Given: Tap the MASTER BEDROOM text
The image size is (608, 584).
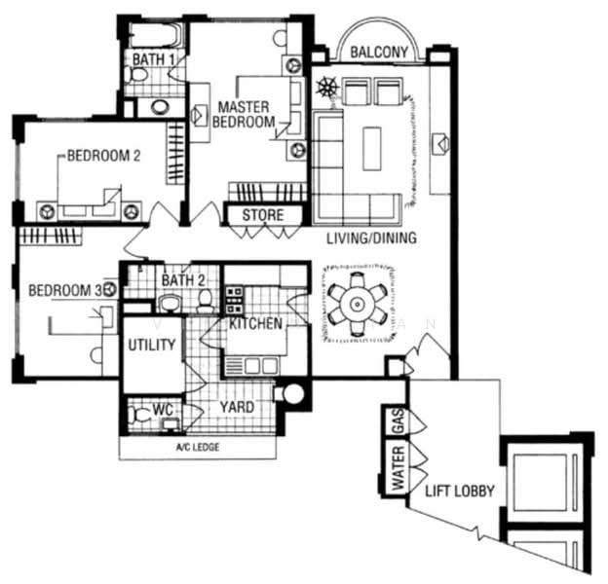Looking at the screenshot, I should (246, 115).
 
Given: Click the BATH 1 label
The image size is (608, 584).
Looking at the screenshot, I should (154, 59).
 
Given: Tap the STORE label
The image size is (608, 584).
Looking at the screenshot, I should (262, 215).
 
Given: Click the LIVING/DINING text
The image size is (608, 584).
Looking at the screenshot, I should (371, 238).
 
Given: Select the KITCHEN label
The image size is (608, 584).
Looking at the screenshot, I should (255, 323).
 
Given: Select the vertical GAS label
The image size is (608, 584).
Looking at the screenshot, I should (397, 421).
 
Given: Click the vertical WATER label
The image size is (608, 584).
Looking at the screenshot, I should (397, 471).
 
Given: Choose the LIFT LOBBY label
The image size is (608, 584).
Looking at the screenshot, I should (459, 492).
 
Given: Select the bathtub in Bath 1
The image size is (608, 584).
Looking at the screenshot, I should (154, 34).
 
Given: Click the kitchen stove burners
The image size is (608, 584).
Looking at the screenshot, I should (234, 296).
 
